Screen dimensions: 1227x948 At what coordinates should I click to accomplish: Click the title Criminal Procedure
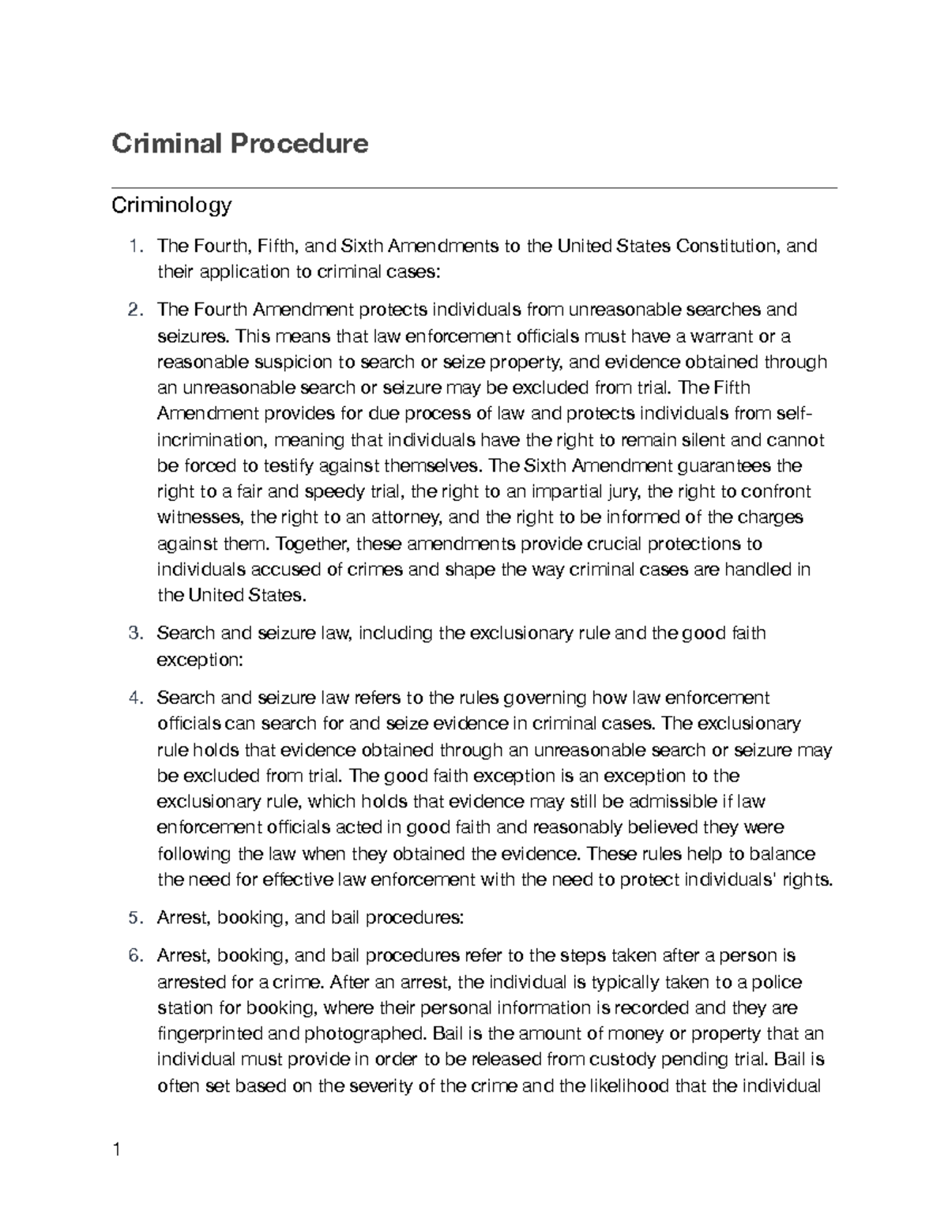pos(239,144)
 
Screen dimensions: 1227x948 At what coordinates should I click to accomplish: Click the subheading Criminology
pos(171,206)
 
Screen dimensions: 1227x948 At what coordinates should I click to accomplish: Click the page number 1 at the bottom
pos(117,1150)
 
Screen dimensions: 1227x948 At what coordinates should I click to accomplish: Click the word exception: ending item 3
pos(199,660)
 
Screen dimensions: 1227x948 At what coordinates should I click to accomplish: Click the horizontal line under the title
pos(474,188)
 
